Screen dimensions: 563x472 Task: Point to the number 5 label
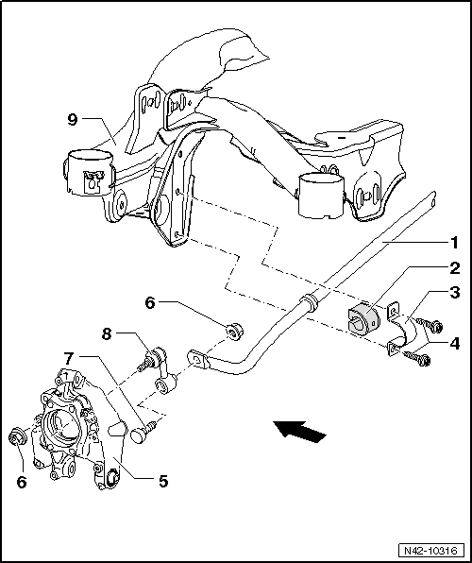[x=162, y=481]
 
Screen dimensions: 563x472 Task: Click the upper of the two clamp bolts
[x=434, y=327]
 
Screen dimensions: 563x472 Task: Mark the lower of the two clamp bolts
[x=418, y=358]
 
